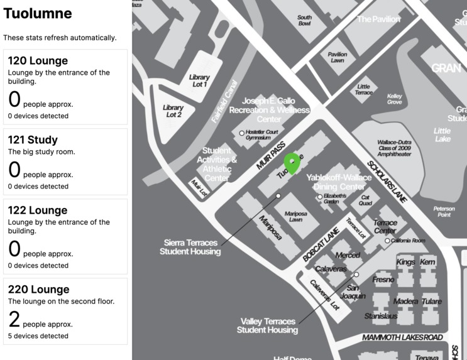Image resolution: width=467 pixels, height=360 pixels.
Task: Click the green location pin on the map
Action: (292, 163)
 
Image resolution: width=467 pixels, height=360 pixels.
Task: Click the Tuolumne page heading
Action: (38, 14)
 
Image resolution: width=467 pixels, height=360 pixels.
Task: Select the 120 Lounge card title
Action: (38, 61)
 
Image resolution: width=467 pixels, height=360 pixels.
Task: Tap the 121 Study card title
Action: (33, 140)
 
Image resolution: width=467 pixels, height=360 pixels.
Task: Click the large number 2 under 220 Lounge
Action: (14, 320)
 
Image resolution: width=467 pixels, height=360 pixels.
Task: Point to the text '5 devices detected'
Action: (38, 336)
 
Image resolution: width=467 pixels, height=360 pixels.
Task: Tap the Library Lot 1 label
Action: (199, 81)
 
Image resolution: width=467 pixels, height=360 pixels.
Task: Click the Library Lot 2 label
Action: (173, 111)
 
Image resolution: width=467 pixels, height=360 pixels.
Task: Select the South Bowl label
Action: (304, 21)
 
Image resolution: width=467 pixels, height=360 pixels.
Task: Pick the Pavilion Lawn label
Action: (337, 58)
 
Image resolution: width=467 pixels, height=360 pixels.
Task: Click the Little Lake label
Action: (442, 134)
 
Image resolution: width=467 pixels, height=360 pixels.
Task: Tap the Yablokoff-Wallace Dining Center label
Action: (339, 182)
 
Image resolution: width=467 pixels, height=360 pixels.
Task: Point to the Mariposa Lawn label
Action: (296, 217)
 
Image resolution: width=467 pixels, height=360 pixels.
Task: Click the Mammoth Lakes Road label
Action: (402, 338)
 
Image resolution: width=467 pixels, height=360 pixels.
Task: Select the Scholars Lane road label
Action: (387, 183)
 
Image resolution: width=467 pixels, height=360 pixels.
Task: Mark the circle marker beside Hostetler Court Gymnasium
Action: (241, 133)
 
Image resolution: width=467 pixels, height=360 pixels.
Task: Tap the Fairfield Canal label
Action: (224, 101)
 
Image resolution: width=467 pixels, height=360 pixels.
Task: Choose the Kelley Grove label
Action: (395, 99)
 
